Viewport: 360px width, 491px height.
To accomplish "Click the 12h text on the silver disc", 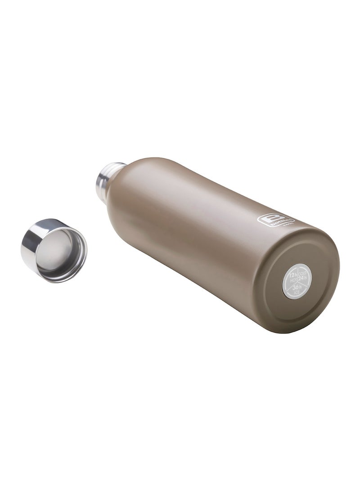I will (x=292, y=275).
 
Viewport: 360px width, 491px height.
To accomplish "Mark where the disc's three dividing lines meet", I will (x=297, y=282).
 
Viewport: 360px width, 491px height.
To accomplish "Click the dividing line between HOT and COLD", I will (x=297, y=275).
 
